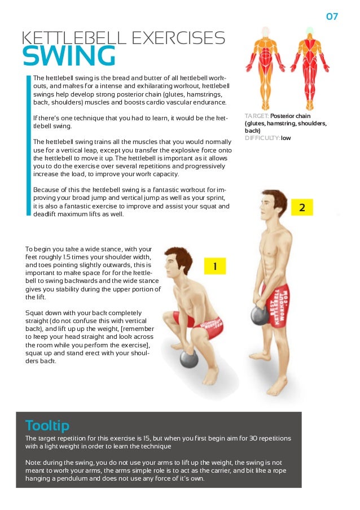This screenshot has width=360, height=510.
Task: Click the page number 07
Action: tap(332, 16)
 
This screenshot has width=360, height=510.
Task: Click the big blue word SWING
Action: tap(69, 56)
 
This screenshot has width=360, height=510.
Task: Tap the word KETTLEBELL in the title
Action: tap(74, 38)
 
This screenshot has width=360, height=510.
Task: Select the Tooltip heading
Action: tap(47, 425)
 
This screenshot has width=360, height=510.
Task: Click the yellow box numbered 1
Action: tap(215, 266)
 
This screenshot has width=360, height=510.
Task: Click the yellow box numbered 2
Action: tap(302, 207)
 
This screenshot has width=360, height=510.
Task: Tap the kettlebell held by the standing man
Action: tap(260, 313)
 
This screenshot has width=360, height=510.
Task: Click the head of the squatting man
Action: tap(178, 263)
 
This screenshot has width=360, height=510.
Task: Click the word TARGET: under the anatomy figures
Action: tap(257, 116)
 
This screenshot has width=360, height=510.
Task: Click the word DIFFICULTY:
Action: tap(262, 138)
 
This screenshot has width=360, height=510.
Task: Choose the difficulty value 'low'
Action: tap(286, 138)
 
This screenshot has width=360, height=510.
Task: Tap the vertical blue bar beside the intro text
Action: tap(28, 145)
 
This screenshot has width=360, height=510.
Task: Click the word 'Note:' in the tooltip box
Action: tap(33, 463)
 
